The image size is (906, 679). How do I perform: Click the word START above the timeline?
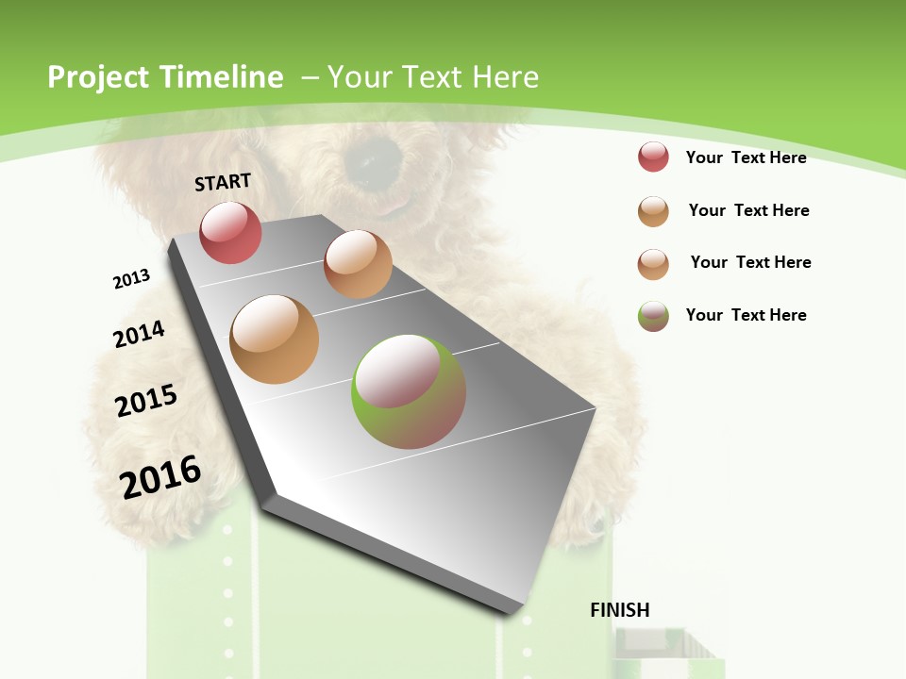tap(223, 182)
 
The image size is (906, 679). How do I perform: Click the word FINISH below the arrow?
tap(620, 610)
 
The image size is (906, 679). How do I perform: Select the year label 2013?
tap(131, 279)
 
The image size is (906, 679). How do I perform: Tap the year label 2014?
tap(139, 334)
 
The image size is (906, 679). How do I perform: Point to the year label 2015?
tap(146, 401)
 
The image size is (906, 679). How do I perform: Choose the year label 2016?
tap(160, 476)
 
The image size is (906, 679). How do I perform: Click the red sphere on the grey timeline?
tap(230, 232)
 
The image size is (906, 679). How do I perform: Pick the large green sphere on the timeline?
tap(408, 391)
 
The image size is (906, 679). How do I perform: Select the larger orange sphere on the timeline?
tap(274, 339)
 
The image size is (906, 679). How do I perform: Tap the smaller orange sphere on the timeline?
tap(358, 264)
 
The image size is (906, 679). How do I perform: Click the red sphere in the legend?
tap(653, 157)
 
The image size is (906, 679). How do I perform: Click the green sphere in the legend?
tap(653, 316)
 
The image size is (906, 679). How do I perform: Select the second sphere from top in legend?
tap(653, 211)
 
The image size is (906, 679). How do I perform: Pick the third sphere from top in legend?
tap(653, 264)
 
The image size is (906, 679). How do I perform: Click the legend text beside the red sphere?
tap(746, 157)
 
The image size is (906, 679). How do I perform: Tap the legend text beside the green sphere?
tap(746, 315)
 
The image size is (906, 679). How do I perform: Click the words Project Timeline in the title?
tap(165, 77)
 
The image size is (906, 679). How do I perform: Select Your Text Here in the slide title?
tap(433, 77)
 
